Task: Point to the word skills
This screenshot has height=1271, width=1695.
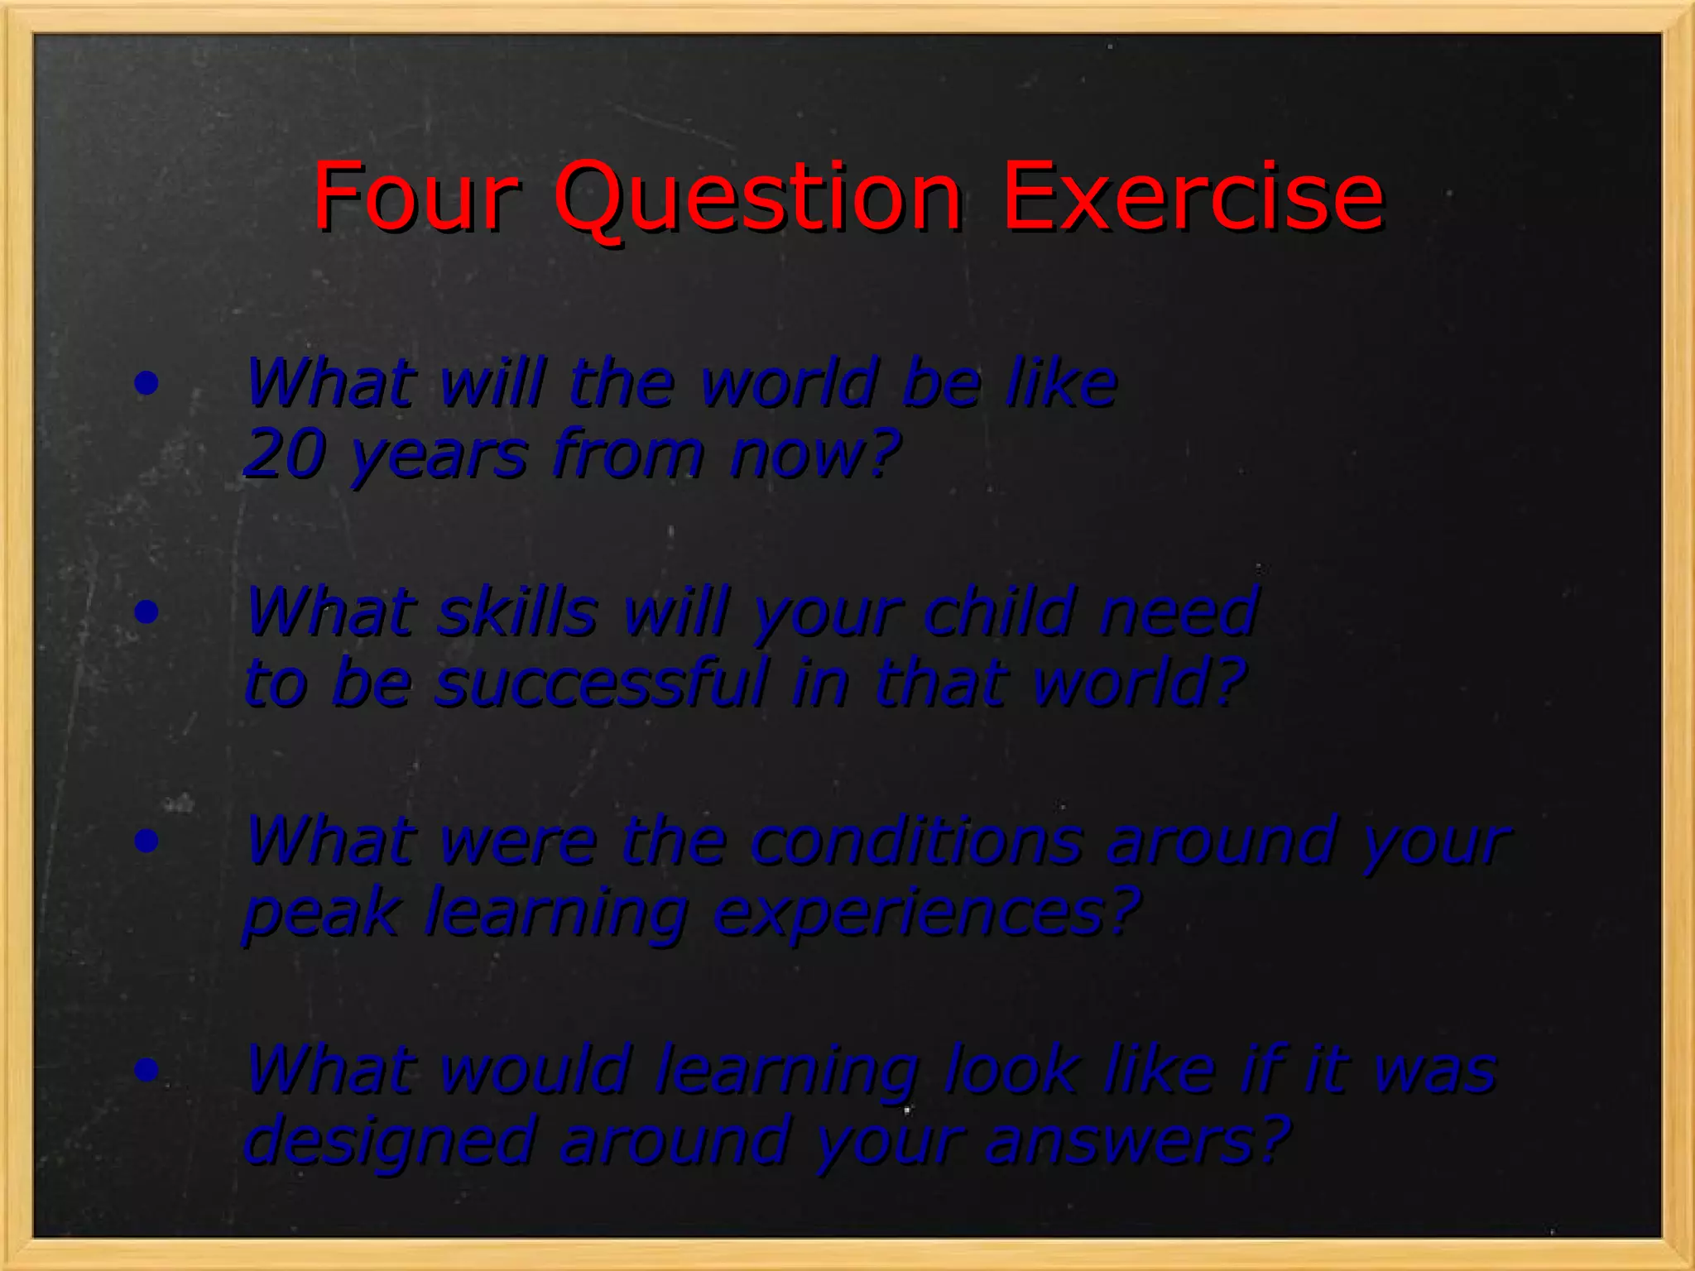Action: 517,612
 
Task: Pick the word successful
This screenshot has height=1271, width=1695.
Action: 601,683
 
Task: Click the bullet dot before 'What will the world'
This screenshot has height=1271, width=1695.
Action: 146,383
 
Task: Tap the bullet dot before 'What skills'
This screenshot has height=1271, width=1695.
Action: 146,612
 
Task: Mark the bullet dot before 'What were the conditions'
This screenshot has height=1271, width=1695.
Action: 146,842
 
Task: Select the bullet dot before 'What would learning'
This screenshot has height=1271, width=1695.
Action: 146,1070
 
